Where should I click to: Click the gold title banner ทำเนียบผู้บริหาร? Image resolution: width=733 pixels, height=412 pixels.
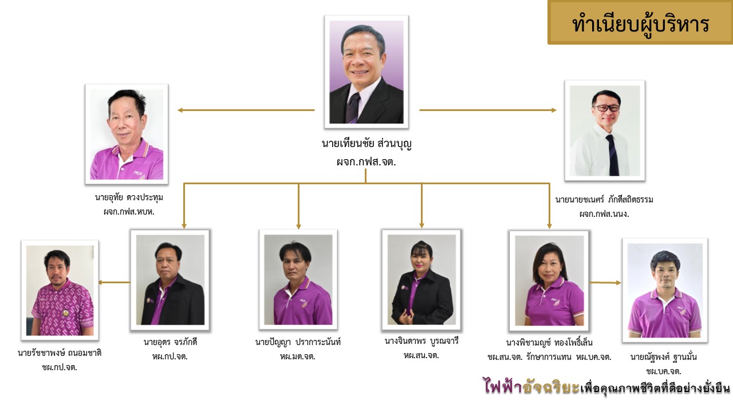pos(640,22)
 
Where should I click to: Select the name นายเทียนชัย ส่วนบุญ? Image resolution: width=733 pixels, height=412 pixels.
pos(366,144)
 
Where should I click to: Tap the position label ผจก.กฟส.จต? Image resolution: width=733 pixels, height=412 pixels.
pos(366,162)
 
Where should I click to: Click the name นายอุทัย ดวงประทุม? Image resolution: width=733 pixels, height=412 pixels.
pos(129,197)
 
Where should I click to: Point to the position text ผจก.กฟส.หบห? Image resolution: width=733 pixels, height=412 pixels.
pos(129,212)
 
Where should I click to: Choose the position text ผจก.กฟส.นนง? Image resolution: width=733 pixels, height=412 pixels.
pos(604,214)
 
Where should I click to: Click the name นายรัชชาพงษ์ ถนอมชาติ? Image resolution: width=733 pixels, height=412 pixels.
pos(60,353)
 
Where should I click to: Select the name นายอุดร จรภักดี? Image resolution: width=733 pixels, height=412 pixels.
pos(170,342)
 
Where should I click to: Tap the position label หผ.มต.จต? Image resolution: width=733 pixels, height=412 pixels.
pos(298,356)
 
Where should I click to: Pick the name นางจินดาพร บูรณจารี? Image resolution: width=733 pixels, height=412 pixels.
pos(421,341)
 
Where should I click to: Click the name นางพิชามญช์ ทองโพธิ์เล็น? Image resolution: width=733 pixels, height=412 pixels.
pos(549,342)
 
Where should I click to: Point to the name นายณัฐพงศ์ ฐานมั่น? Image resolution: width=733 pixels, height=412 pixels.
pos(664,357)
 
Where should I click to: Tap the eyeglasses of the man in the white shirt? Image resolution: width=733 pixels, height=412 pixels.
pos(606,108)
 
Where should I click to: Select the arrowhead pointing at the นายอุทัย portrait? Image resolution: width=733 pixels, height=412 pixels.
pos(180,110)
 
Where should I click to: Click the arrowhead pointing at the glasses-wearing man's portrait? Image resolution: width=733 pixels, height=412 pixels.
pos(554,110)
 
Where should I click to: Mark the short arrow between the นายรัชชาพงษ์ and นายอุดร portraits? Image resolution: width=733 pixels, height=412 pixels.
pos(114,283)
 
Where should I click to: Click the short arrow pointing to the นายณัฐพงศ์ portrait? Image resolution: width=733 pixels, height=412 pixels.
pos(605,283)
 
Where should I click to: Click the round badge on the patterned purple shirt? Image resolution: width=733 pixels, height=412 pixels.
pos(66,312)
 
